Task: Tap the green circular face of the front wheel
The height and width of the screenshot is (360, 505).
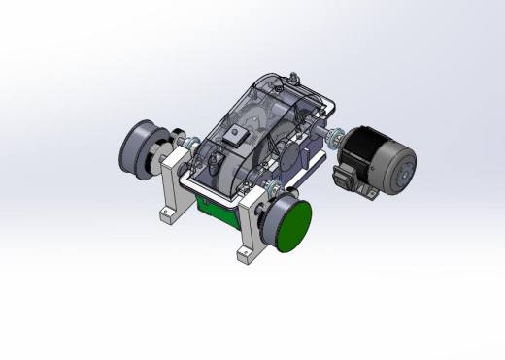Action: pyautogui.click(x=294, y=226)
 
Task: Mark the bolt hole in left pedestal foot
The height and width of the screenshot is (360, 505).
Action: pyautogui.click(x=168, y=213)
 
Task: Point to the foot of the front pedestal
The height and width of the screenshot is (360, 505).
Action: pyautogui.click(x=247, y=255)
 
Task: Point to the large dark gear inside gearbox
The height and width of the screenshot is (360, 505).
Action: pyautogui.click(x=288, y=150)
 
